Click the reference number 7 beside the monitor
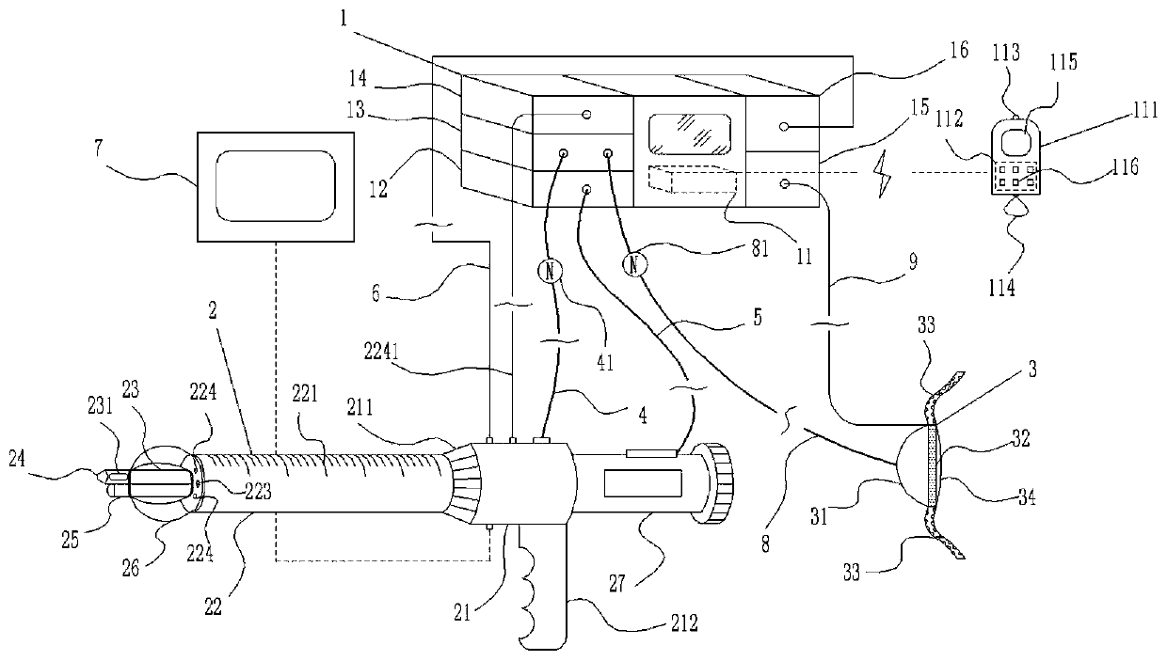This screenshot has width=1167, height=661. pyautogui.click(x=100, y=149)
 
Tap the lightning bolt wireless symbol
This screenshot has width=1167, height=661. pyautogui.click(x=884, y=174)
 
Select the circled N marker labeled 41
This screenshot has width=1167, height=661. pyautogui.click(x=551, y=271)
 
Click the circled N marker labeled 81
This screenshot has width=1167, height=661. pyautogui.click(x=634, y=265)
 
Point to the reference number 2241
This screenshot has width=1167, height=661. pyautogui.click(x=382, y=353)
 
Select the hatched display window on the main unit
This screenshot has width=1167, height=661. pyautogui.click(x=689, y=134)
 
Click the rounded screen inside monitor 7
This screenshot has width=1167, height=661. pyautogui.click(x=276, y=186)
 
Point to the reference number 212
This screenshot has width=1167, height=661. pyautogui.click(x=683, y=623)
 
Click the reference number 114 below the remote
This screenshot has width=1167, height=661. pyautogui.click(x=1001, y=288)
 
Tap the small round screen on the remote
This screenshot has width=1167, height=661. pyautogui.click(x=1015, y=139)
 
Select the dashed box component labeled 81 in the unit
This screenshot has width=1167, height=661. pyautogui.click(x=693, y=179)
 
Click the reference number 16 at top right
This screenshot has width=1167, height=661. pyautogui.click(x=959, y=51)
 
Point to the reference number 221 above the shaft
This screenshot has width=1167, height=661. pyautogui.click(x=304, y=394)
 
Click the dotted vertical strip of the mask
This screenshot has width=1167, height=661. pyautogui.click(x=932, y=465)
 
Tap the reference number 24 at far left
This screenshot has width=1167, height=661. pyautogui.click(x=17, y=459)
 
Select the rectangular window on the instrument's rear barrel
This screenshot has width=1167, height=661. pyautogui.click(x=643, y=483)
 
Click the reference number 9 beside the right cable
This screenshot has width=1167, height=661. pyautogui.click(x=912, y=261)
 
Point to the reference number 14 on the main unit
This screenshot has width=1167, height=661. pyautogui.click(x=358, y=78)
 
